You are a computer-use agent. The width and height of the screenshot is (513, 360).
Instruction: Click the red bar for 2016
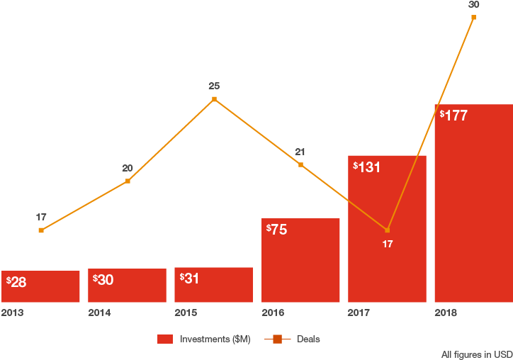pyautogui.click(x=300, y=261)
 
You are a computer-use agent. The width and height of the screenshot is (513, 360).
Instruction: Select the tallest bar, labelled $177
pyautogui.click(x=473, y=204)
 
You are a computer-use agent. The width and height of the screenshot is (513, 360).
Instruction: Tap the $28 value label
pyautogui.click(x=16, y=282)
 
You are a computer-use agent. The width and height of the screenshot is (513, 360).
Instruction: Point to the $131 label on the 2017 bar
pyautogui.click(x=367, y=167)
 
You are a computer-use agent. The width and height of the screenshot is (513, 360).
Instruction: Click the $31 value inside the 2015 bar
pyautogui.click(x=189, y=279)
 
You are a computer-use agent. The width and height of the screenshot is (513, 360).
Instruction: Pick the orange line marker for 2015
pyautogui.click(x=214, y=99)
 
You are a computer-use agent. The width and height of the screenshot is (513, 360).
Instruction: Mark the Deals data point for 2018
pyautogui.click(x=473, y=17)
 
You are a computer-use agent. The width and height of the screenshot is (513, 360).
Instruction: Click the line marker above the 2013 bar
pyautogui.click(x=41, y=230)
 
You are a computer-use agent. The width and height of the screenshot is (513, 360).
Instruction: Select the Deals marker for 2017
pyautogui.click(x=387, y=230)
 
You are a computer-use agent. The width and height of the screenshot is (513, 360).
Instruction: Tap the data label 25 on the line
pyautogui.click(x=214, y=86)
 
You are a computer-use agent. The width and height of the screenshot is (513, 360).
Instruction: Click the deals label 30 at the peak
pyautogui.click(x=473, y=4)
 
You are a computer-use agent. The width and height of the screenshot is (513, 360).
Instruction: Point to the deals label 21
pyautogui.click(x=300, y=152)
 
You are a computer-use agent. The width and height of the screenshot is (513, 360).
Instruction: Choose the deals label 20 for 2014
pyautogui.click(x=128, y=169)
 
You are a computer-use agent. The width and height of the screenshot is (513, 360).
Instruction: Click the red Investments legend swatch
pyautogui.click(x=165, y=339)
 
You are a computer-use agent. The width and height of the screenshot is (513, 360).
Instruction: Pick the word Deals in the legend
pyautogui.click(x=308, y=339)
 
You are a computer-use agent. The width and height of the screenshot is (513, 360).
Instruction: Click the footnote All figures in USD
pyautogui.click(x=477, y=354)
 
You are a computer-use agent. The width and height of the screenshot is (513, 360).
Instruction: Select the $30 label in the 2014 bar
pyautogui.click(x=103, y=280)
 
